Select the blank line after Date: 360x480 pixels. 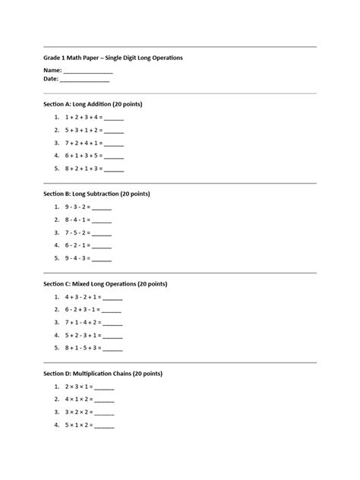click(x=84, y=79)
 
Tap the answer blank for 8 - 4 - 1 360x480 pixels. click(x=101, y=220)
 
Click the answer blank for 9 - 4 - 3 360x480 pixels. click(x=101, y=258)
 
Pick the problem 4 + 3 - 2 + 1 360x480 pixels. click(x=83, y=298)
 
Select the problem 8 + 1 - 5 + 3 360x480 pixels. click(x=83, y=349)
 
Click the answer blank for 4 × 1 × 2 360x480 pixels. click(x=104, y=400)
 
